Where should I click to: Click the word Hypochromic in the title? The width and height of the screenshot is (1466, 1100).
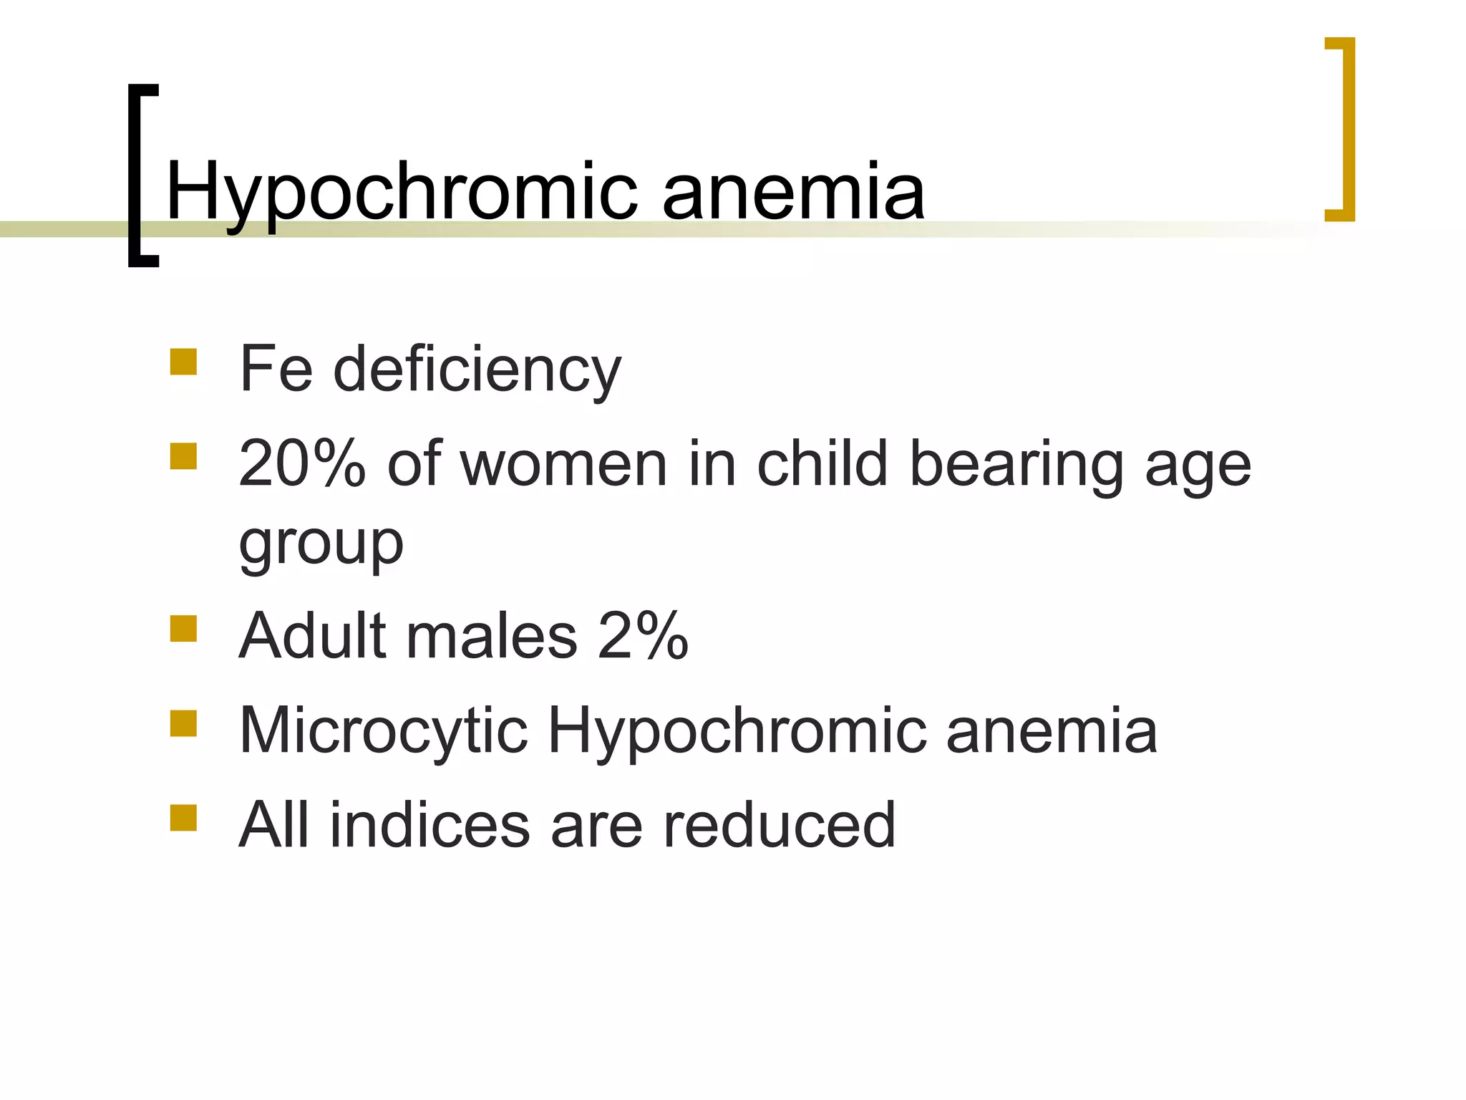[401, 192]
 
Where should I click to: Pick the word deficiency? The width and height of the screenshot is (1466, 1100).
[477, 370]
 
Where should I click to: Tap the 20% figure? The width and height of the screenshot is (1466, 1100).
[302, 464]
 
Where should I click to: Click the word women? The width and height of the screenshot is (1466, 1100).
[564, 464]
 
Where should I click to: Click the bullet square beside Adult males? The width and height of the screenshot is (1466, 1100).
[183, 628]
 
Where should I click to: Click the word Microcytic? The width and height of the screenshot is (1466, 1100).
[383, 730]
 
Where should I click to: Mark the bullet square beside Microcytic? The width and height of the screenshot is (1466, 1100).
[183, 723]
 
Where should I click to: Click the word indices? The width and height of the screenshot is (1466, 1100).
[429, 825]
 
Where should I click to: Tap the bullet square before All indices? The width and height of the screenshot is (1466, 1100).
[183, 817]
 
